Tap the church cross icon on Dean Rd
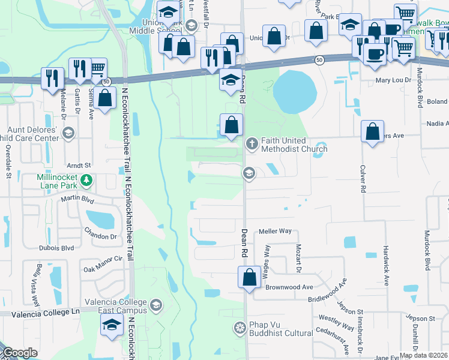click(251, 143)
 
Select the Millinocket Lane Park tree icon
click(86, 179)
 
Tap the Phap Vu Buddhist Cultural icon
click(240, 327)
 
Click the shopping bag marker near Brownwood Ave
click(249, 278)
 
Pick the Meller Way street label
click(275, 231)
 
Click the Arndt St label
click(79, 165)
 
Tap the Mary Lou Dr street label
click(393, 79)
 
